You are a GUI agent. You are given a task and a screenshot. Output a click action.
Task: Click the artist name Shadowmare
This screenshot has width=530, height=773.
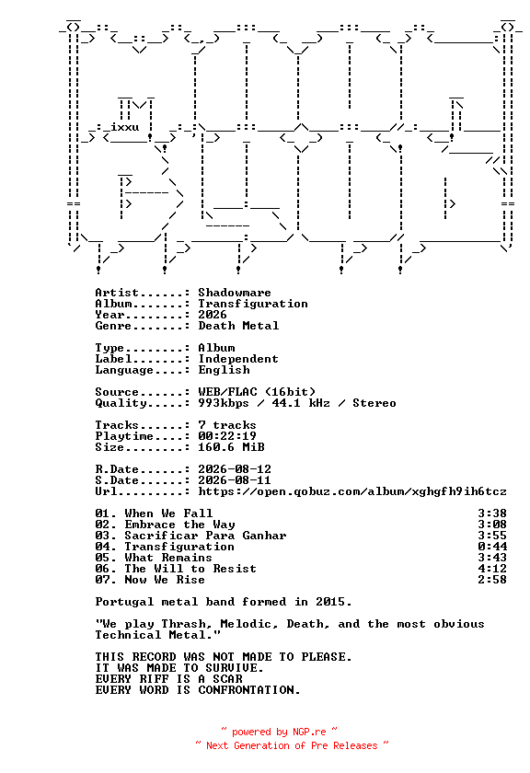(x=235, y=293)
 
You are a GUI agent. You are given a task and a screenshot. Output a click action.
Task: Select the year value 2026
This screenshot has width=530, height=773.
(x=213, y=315)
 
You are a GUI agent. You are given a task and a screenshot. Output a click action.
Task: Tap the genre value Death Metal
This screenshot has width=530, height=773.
(x=238, y=326)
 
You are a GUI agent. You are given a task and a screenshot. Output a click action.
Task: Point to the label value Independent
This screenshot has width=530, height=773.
(x=238, y=359)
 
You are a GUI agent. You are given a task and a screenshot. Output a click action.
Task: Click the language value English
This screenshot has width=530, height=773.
(x=224, y=370)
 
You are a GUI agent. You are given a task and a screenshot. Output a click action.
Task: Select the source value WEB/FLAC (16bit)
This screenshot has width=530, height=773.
(x=257, y=392)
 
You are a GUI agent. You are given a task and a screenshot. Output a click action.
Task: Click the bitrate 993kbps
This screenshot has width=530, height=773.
(x=224, y=403)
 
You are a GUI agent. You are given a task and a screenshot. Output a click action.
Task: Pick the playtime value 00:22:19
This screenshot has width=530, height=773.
(x=227, y=436)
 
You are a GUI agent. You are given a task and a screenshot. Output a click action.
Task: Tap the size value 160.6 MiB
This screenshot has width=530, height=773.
(x=231, y=447)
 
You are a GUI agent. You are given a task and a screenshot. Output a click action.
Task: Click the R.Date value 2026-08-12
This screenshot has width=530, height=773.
(x=235, y=469)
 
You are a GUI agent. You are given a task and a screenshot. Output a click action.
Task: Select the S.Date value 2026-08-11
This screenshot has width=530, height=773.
(x=235, y=480)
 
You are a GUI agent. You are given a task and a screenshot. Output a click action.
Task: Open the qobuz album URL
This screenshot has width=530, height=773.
(x=352, y=491)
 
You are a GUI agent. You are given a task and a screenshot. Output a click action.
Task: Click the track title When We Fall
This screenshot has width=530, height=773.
(x=168, y=513)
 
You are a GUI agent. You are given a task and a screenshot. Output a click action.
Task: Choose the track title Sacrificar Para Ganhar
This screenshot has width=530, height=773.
(x=205, y=536)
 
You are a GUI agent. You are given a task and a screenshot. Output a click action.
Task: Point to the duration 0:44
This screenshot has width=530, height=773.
(x=492, y=547)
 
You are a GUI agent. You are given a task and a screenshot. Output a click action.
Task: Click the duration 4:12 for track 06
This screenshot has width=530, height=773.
(x=492, y=569)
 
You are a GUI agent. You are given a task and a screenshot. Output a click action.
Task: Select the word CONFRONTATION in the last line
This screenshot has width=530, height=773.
(x=249, y=690)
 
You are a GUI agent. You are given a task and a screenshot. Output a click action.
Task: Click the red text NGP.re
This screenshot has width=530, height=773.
(x=309, y=733)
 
